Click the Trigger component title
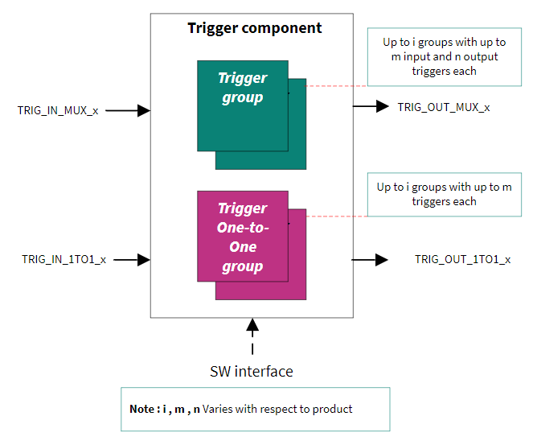[x=255, y=28]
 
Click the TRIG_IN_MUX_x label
[x=58, y=111]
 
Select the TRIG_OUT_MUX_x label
[x=444, y=107]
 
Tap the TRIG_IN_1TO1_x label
[x=64, y=260]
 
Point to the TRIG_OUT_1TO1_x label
[x=463, y=260]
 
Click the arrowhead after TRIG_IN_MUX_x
[x=144, y=111]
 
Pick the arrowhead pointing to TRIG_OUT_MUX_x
[x=382, y=106]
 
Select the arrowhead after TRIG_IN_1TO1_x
[x=144, y=260]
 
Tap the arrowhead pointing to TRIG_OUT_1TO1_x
[x=382, y=260]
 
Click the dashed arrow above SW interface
[x=252, y=336]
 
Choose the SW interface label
[x=252, y=372]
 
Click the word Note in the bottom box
[x=141, y=409]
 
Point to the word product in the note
[x=332, y=410]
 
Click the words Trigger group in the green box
[x=243, y=88]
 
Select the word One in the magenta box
[x=243, y=247]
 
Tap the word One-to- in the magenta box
[x=243, y=228]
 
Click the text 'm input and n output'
[x=445, y=56]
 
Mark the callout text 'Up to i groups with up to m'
[x=445, y=187]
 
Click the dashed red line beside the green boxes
[x=336, y=86]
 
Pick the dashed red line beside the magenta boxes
[x=337, y=216]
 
